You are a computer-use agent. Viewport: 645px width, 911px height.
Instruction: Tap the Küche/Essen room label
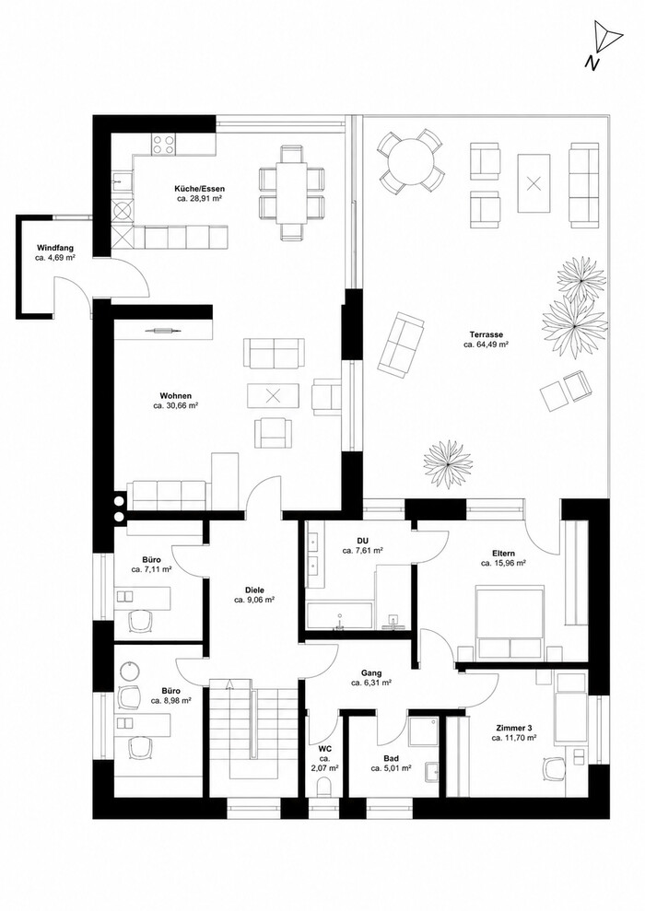[x=199, y=189]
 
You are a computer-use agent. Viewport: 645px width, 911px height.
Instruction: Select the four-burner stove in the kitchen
[x=164, y=145]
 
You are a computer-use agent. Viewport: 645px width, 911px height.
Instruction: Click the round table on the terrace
[x=412, y=162]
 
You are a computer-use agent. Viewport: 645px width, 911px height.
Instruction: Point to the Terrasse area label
[x=487, y=334]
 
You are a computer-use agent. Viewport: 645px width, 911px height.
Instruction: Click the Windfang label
[x=55, y=247]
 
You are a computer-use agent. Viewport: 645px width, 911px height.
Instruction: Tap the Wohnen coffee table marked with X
[x=273, y=397]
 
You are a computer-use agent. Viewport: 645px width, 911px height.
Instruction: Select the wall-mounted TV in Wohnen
[x=158, y=331]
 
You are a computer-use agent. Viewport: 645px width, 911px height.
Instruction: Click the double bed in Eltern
[x=510, y=624]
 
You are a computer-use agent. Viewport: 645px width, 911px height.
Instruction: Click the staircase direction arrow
[x=230, y=683]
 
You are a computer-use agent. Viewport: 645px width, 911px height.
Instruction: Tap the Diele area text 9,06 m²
[x=254, y=600]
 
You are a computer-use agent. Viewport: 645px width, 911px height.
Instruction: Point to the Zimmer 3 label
[x=513, y=728]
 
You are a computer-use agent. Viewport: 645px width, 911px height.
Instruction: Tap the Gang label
[x=371, y=673]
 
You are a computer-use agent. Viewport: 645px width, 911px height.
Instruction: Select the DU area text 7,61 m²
[x=362, y=550]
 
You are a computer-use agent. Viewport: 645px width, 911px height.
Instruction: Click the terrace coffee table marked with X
[x=534, y=184]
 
